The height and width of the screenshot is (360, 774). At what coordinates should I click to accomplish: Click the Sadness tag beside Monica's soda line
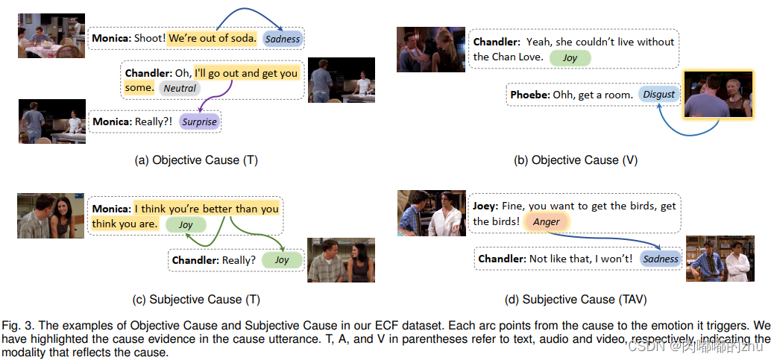click(283, 39)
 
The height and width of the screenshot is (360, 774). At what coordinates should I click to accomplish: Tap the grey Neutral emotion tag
click(180, 88)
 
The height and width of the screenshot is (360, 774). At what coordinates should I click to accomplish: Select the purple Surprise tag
click(199, 121)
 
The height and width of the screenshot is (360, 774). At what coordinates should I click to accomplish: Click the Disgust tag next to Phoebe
click(659, 94)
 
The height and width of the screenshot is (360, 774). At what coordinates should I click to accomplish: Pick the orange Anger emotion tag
click(547, 222)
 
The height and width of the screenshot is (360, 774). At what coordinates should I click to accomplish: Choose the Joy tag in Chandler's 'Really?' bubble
click(282, 260)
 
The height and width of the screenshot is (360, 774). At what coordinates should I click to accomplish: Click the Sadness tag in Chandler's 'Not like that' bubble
click(661, 259)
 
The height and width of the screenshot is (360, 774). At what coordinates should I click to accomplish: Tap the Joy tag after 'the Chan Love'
click(570, 57)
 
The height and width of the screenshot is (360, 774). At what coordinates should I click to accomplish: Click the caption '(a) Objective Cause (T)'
click(196, 160)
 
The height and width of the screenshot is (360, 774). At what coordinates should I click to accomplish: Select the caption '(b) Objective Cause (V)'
click(576, 160)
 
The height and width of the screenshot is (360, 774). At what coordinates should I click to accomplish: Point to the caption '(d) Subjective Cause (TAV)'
click(575, 299)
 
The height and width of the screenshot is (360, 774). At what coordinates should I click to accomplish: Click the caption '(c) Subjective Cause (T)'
click(196, 299)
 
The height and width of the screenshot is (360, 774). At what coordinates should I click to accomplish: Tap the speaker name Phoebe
click(529, 95)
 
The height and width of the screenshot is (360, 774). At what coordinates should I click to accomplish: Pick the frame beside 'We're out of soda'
click(51, 36)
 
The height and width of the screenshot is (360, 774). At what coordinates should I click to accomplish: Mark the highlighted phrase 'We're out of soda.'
click(213, 38)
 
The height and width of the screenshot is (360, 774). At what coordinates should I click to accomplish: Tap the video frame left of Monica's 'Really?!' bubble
click(52, 121)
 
